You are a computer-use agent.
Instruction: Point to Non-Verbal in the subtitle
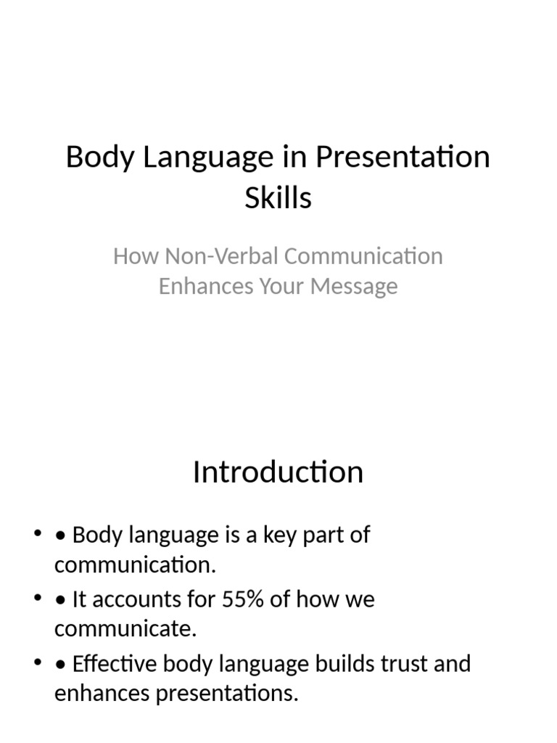tap(222, 256)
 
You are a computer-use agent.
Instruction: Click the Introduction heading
tap(278, 472)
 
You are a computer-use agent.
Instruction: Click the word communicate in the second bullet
tap(125, 629)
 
